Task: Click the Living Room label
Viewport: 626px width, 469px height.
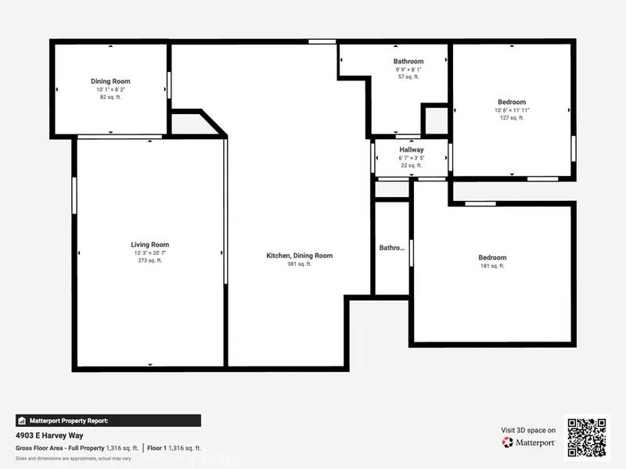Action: [149, 245]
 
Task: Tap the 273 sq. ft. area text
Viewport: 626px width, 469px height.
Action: [149, 260]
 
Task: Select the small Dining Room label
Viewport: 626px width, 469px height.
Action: [110, 81]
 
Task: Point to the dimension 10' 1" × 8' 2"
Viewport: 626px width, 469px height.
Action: [110, 89]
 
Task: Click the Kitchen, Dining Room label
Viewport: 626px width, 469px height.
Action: [300, 256]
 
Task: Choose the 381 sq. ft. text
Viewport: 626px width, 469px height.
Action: [300, 264]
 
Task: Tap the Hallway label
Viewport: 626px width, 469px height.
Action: [412, 149]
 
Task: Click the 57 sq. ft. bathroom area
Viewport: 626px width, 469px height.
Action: [408, 77]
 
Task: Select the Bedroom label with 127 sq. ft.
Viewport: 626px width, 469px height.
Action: [512, 102]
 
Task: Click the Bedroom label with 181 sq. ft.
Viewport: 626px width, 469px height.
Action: [492, 257]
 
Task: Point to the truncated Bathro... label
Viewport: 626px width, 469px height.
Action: [392, 248]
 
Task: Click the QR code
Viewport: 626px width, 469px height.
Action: [586, 437]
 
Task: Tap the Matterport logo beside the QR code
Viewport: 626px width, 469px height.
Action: [529, 442]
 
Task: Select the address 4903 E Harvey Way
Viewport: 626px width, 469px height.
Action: [49, 435]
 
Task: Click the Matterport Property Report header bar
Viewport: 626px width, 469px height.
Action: [108, 420]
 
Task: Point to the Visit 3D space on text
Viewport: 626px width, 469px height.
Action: [528, 430]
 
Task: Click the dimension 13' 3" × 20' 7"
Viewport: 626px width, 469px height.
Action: [149, 253]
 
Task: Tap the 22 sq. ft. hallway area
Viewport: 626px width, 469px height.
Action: [412, 165]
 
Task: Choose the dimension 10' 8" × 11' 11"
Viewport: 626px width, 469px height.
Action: [512, 110]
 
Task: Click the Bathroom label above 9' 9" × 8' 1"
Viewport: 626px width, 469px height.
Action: [408, 61]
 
